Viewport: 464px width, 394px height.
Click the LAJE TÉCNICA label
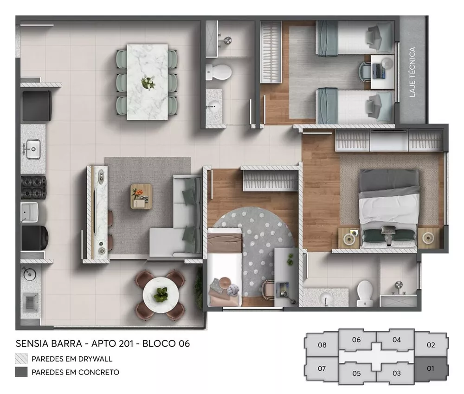(412, 72)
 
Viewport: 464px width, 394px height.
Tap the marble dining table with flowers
(148, 81)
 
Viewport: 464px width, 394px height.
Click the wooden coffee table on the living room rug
(141, 195)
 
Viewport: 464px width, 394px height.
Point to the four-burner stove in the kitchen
(33, 187)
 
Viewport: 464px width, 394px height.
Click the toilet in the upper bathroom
(219, 71)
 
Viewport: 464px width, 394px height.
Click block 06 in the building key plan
(356, 340)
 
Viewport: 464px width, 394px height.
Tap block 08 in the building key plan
(322, 345)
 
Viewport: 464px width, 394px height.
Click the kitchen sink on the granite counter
(32, 149)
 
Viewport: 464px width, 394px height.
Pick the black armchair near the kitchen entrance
(37, 105)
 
